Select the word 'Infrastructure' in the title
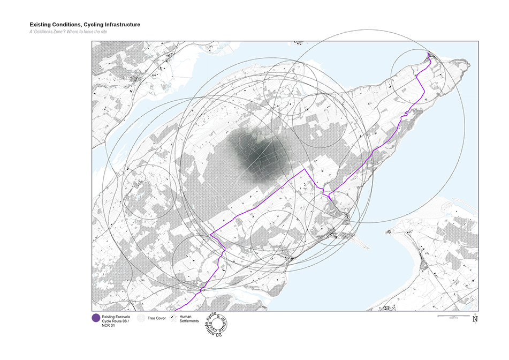(121, 25)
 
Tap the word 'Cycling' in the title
(92, 25)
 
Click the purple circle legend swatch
(96, 318)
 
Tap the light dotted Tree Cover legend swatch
(141, 318)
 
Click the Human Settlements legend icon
(174, 318)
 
